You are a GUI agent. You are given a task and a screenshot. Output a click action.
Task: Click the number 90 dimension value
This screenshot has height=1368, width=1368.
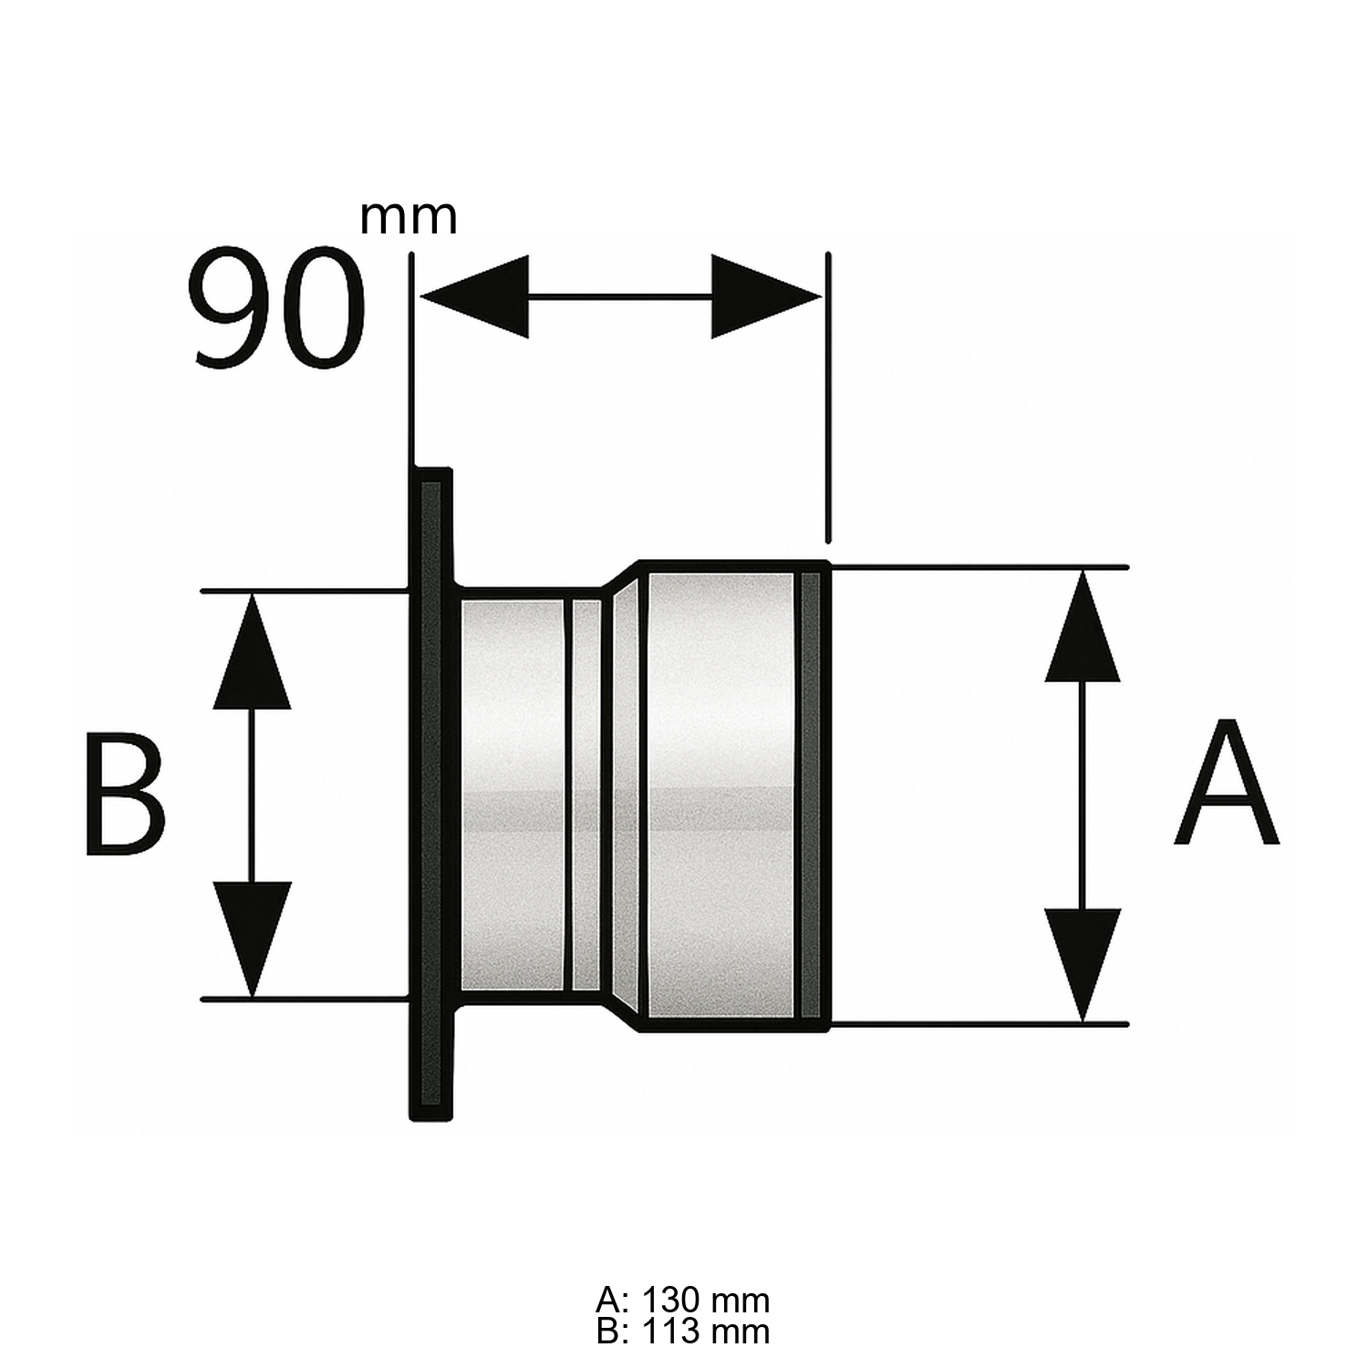coord(278,308)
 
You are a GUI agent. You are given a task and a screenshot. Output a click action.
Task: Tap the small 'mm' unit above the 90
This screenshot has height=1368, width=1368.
coord(408,217)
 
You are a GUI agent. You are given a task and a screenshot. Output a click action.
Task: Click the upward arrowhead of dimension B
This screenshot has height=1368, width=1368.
coord(252,655)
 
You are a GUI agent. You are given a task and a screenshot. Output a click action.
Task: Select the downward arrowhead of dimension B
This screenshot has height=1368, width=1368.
coord(252,937)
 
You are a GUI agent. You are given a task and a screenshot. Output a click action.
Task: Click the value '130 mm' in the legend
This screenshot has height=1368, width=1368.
coord(705,1300)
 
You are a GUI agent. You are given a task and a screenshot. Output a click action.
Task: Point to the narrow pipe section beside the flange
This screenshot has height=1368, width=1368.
coord(513,793)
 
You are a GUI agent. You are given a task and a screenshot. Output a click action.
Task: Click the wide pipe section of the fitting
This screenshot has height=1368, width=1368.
coord(720,793)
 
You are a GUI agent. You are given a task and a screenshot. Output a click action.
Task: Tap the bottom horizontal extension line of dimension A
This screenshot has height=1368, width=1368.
coord(976,1023)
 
